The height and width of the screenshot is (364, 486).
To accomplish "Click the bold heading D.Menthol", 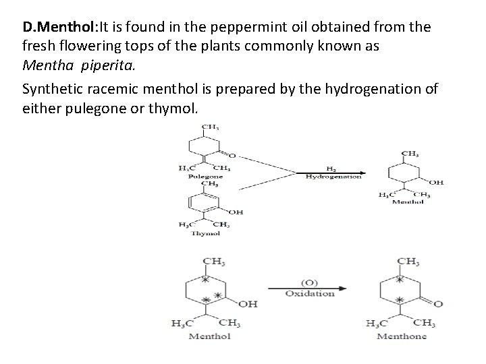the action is [x=60, y=28].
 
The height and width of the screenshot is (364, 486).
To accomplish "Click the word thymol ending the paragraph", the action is [x=179, y=108].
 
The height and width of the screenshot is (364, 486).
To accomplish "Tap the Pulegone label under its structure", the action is [x=205, y=176].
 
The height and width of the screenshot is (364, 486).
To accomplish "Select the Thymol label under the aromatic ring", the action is [x=205, y=233].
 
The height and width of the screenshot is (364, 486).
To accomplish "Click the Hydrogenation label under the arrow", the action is [x=333, y=177].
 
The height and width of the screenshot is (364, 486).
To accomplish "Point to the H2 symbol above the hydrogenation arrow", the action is [x=331, y=168].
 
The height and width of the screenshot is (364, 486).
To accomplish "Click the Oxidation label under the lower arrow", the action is [x=310, y=293].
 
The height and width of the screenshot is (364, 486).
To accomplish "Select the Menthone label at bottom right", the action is [x=402, y=336].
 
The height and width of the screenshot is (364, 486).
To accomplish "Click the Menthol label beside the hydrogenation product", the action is [x=408, y=202].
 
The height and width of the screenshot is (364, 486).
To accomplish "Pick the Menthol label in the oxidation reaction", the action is [x=209, y=336].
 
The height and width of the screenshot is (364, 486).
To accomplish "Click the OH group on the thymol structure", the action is [x=236, y=212].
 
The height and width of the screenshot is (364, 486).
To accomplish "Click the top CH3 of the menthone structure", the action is [x=408, y=261].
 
